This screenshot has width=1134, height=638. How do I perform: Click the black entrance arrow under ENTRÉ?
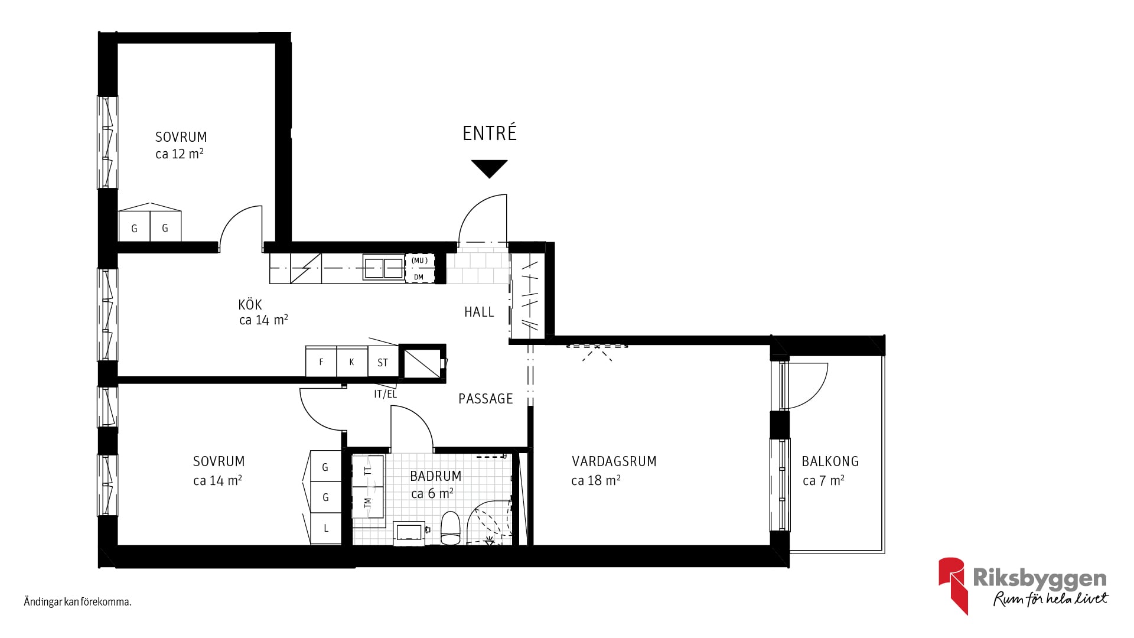(490, 168)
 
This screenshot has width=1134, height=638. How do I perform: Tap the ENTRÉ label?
(490, 133)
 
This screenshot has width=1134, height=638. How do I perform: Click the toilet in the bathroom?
(450, 528)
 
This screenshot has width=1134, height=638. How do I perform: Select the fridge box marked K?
(352, 362)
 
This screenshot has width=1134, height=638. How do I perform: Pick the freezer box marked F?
(321, 362)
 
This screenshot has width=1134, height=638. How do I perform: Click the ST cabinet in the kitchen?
(383, 362)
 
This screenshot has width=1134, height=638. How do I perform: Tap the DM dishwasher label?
(419, 277)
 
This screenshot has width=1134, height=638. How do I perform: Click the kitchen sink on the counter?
(383, 268)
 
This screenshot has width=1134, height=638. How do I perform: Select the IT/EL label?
(385, 394)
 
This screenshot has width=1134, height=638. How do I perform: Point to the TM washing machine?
(369, 503)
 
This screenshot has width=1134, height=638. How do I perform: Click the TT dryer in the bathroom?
(369, 471)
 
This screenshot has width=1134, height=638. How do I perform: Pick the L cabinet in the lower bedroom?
(325, 528)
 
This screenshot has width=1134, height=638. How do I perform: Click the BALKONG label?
(830, 461)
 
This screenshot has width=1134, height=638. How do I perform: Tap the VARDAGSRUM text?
(614, 461)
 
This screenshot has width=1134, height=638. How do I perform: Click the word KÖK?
(250, 304)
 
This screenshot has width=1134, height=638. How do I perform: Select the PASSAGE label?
(485, 399)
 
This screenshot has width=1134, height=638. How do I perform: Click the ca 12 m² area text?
(180, 154)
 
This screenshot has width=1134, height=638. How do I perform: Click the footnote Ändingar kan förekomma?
(77, 603)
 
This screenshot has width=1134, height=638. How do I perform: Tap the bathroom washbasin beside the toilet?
(409, 532)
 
